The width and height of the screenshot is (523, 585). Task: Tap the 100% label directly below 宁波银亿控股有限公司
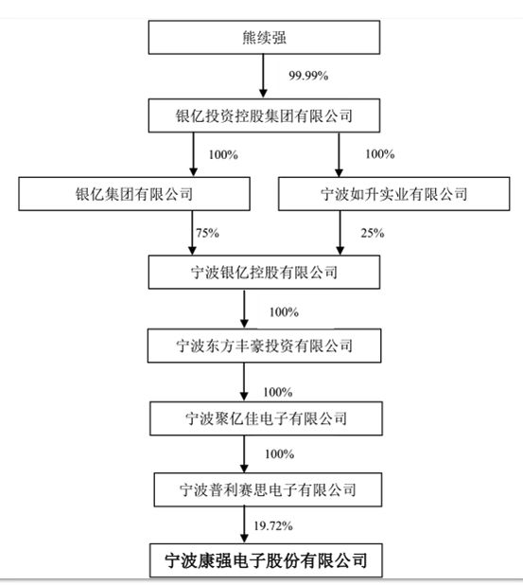click(283, 311)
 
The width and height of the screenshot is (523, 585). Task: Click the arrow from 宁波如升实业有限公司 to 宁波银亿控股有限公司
click(340, 232)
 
